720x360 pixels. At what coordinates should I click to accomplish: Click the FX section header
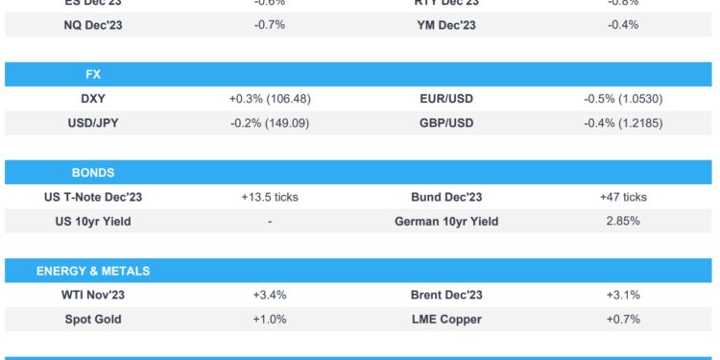pos(93,74)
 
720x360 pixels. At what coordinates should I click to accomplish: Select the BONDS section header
pos(93,173)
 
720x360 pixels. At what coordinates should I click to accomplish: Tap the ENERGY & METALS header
pos(93,271)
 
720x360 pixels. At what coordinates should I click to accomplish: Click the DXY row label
pos(93,99)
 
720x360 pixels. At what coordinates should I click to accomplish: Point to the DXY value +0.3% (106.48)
pos(270,99)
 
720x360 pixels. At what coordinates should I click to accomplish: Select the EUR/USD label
pos(445,99)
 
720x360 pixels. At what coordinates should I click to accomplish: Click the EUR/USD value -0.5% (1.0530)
pos(623,99)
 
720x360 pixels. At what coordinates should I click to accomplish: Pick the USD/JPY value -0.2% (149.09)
pos(270,123)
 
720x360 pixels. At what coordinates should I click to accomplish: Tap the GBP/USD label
pos(445,123)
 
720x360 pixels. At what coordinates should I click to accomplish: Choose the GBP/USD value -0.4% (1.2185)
pos(623,123)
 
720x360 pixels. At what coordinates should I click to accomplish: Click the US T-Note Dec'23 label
pos(93,197)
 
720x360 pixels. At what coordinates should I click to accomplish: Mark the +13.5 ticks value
pos(270,197)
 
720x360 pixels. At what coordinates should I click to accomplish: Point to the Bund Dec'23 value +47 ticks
pos(623,197)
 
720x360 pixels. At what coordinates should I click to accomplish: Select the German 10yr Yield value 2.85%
pos(623,222)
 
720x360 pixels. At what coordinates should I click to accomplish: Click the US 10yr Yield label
pos(93,222)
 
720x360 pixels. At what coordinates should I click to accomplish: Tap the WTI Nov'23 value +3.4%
pos(270,295)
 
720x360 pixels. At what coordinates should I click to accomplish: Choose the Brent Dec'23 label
pos(445,295)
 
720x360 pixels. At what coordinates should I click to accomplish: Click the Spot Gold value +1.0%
pos(270,320)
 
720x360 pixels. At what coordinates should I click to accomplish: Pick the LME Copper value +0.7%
pos(623,320)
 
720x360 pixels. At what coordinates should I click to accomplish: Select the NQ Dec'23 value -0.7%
pos(270,25)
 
